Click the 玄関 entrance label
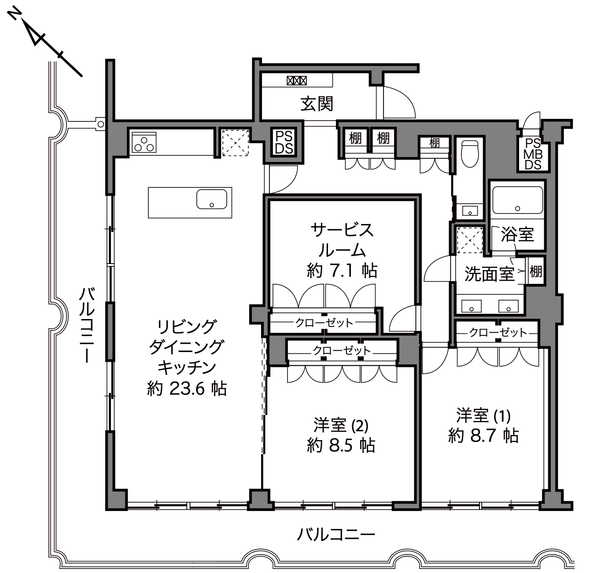(x=317, y=103)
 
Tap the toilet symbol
(x=470, y=154)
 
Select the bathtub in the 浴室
(x=517, y=200)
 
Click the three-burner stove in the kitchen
(x=144, y=142)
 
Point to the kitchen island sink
(x=212, y=199)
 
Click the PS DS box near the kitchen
(x=284, y=142)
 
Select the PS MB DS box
(x=533, y=154)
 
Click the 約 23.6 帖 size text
(x=187, y=389)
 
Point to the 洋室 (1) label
(x=483, y=415)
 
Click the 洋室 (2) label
(x=341, y=425)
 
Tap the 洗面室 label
(x=489, y=273)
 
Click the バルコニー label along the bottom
(x=336, y=534)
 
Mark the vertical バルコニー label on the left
(x=87, y=325)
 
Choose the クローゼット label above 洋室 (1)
(x=498, y=333)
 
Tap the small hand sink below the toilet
(x=470, y=211)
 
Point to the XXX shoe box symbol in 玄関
(x=296, y=81)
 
